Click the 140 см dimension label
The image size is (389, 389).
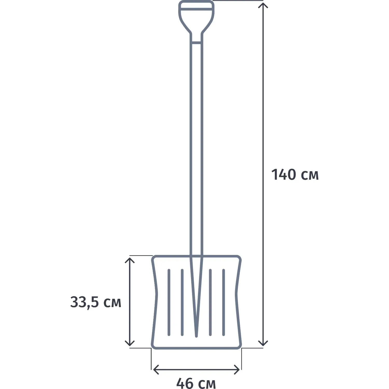295,175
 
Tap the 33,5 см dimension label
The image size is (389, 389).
96,302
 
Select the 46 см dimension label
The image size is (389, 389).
196,383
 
